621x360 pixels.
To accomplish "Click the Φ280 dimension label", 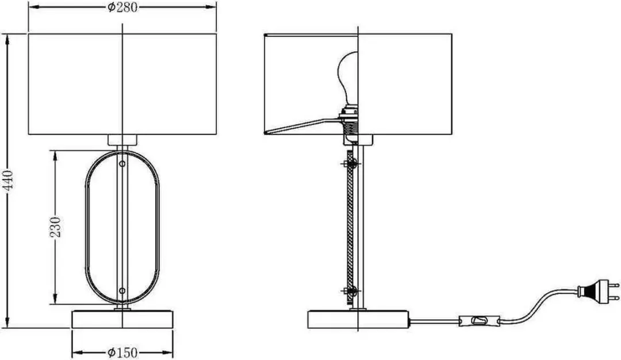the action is tap(122, 7).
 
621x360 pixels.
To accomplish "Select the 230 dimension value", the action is tap(56, 227).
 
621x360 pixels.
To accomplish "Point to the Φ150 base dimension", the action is tap(122, 352).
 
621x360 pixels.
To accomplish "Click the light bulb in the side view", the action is tap(348, 77).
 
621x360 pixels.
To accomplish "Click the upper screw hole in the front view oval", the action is tap(122, 163).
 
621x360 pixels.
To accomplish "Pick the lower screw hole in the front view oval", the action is tap(122, 290).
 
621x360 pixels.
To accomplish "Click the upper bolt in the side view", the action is tap(349, 163).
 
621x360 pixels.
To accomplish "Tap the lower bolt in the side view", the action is tap(349, 292).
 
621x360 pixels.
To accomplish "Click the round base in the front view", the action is tap(122, 319).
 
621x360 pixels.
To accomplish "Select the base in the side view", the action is tap(358, 320).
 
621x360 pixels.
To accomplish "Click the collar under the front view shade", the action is tap(122, 140).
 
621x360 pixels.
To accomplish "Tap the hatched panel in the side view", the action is tap(350, 227).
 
